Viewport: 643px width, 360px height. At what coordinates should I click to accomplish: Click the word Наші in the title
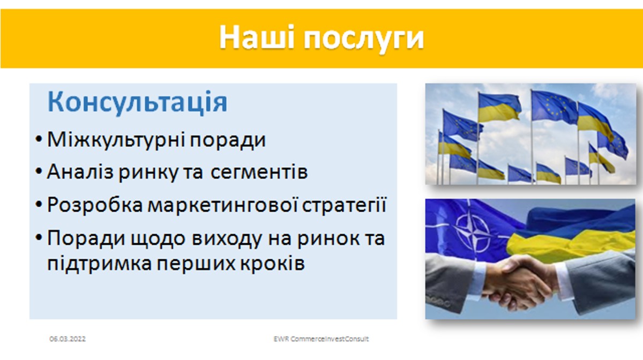257,37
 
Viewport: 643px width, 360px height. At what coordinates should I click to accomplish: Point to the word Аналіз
80,172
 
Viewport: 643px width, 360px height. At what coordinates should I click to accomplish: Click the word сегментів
259,172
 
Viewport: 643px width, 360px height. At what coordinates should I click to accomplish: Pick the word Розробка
95,205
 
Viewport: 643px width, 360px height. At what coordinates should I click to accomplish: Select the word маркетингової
223,205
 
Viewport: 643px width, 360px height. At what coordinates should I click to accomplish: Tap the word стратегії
344,205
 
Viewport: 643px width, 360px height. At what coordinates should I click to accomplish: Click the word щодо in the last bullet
158,239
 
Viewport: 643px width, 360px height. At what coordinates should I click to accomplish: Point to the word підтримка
99,264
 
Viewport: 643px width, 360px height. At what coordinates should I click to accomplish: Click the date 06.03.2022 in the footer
68,339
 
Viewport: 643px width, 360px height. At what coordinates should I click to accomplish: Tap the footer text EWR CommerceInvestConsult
321,339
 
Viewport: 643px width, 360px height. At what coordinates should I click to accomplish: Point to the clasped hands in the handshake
520,283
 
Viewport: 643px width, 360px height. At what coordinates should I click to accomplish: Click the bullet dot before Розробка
39,205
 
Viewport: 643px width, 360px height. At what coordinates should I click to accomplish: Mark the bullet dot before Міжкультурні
39,139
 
